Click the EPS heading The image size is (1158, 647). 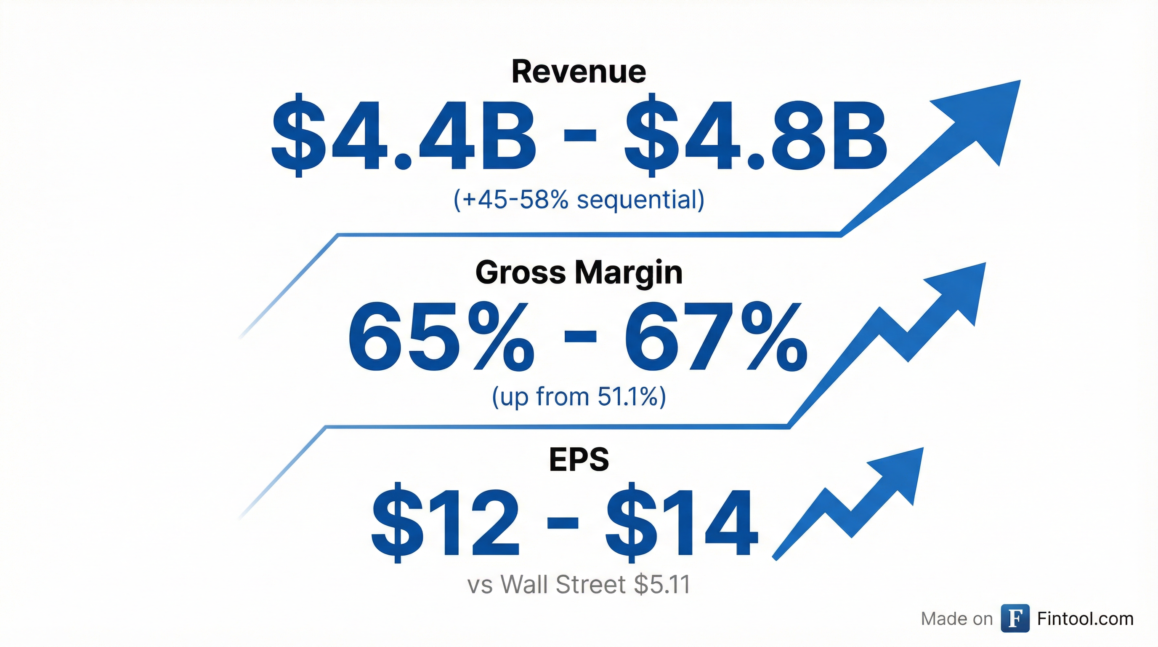[x=579, y=460]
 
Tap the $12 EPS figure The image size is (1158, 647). [x=445, y=523]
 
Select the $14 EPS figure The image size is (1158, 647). [x=682, y=523]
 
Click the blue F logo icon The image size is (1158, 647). [x=1015, y=619]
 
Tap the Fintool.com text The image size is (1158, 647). [x=1085, y=619]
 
